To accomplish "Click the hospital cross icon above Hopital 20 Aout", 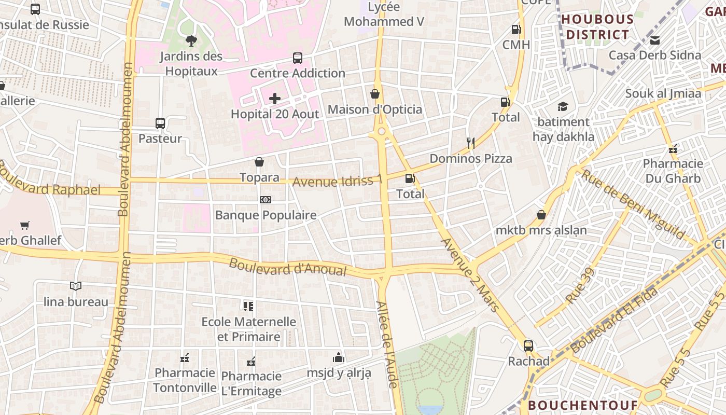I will pyautogui.click(x=275, y=99).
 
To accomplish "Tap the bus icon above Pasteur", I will pyautogui.click(x=160, y=123).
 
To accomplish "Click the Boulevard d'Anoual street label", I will pyautogui.click(x=287, y=267).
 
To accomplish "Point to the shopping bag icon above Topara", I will pyautogui.click(x=259, y=162).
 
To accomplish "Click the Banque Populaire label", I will pyautogui.click(x=266, y=215).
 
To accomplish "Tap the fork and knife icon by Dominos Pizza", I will pyautogui.click(x=471, y=143).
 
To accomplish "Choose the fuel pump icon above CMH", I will pyautogui.click(x=516, y=30).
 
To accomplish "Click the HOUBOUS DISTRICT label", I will pyautogui.click(x=597, y=27).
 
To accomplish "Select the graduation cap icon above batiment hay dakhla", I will pyautogui.click(x=563, y=107).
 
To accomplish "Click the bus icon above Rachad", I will pyautogui.click(x=528, y=346).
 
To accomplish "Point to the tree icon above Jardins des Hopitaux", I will pyautogui.click(x=191, y=41).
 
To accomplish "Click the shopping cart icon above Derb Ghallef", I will pyautogui.click(x=25, y=225).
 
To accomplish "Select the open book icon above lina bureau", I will pyautogui.click(x=76, y=286).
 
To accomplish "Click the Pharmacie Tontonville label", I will pyautogui.click(x=185, y=380).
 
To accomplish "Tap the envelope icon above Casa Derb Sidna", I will pyautogui.click(x=655, y=40).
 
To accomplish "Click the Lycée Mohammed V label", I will pyautogui.click(x=384, y=15).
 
